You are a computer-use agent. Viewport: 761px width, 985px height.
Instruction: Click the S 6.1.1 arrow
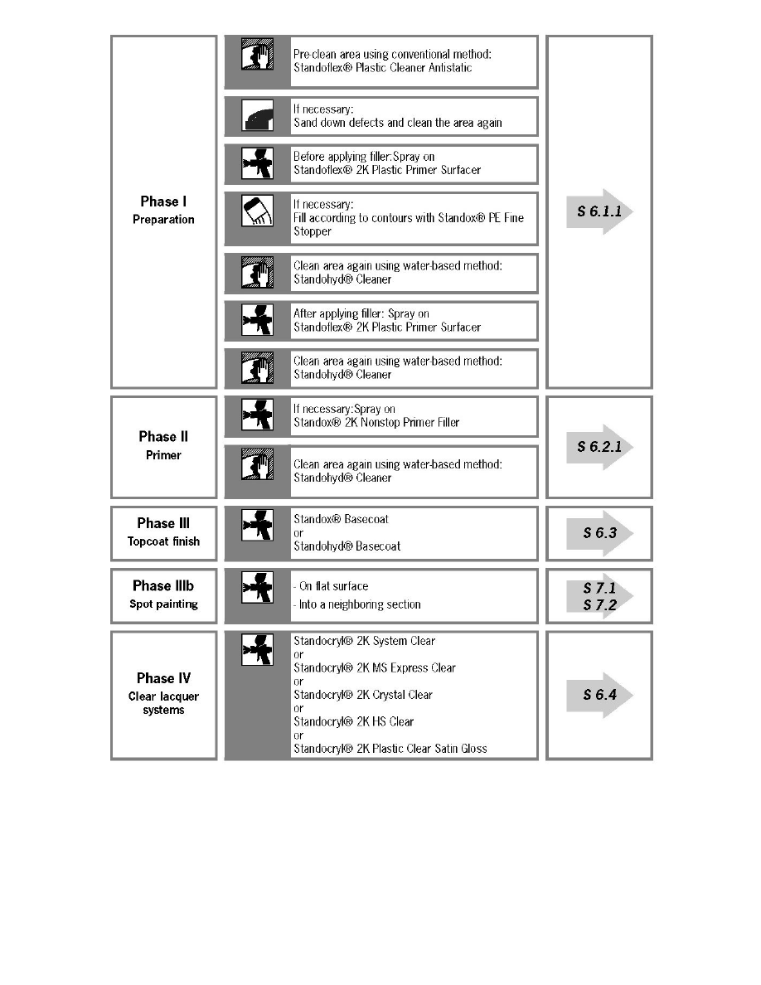tap(600, 212)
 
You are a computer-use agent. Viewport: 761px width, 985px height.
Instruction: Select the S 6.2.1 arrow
tap(600, 447)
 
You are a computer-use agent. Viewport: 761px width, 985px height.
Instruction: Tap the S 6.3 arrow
tap(600, 533)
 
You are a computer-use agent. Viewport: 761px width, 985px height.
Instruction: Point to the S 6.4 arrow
tap(600, 695)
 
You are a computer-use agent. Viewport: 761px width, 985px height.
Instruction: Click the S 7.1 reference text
tap(599, 589)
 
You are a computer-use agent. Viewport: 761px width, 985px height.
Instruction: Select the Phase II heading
tap(163, 437)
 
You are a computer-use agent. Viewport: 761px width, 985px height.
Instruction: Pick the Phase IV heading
tap(163, 678)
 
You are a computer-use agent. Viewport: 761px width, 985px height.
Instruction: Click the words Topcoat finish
tap(163, 541)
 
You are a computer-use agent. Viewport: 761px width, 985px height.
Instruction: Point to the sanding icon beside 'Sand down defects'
tap(257, 117)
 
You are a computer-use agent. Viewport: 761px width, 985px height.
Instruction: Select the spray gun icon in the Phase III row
tap(257, 525)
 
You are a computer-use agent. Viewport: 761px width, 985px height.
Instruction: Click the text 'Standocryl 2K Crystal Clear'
tap(363, 695)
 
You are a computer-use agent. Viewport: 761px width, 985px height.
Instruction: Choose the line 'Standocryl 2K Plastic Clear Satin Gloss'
tap(390, 749)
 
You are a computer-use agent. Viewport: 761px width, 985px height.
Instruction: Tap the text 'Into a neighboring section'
tap(357, 605)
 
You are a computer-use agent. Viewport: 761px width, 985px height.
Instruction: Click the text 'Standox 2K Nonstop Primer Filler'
tap(376, 423)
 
